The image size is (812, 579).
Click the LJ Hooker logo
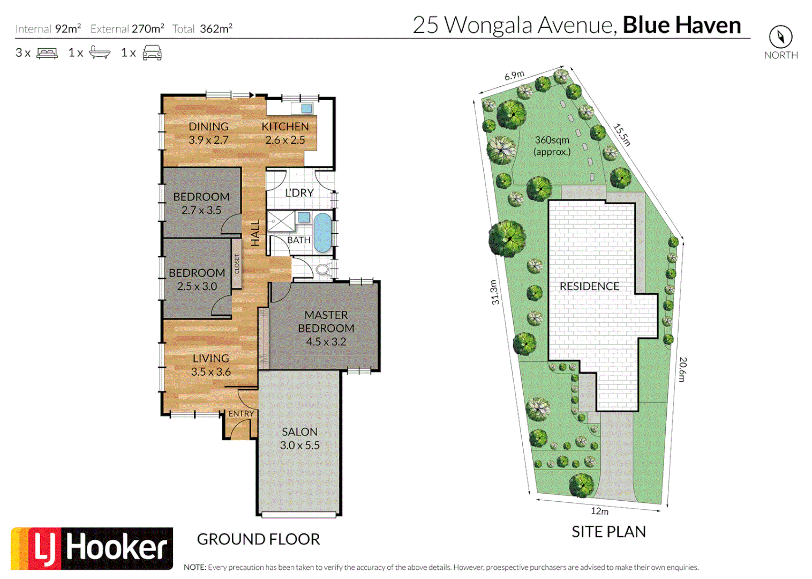pyautogui.click(x=92, y=548)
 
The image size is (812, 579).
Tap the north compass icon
pyautogui.click(x=780, y=37)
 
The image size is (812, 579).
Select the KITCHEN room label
pyautogui.click(x=285, y=127)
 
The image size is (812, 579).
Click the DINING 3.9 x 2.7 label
pyautogui.click(x=208, y=133)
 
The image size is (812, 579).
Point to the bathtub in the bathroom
pyautogui.click(x=322, y=233)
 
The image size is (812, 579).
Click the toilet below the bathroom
pyautogui.click(x=322, y=269)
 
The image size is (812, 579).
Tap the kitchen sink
pyautogui.click(x=306, y=109)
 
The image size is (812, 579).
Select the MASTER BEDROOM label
pyautogui.click(x=326, y=322)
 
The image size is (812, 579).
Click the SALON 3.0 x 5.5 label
pyautogui.click(x=299, y=438)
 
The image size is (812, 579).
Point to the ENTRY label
pyautogui.click(x=241, y=414)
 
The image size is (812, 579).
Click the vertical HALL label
pyautogui.click(x=255, y=233)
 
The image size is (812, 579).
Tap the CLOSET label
pyautogui.click(x=237, y=264)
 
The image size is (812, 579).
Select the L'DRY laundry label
pyautogui.click(x=299, y=193)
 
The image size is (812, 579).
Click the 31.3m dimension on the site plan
pyautogui.click(x=495, y=292)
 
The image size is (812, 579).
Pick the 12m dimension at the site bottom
pyautogui.click(x=599, y=511)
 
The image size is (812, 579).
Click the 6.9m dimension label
pyautogui.click(x=514, y=76)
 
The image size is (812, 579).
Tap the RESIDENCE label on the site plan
pyautogui.click(x=589, y=286)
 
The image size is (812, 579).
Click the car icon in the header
pyautogui.click(x=152, y=53)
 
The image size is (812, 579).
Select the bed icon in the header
pyautogui.click(x=47, y=53)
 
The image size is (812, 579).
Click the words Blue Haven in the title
pyautogui.click(x=681, y=25)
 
